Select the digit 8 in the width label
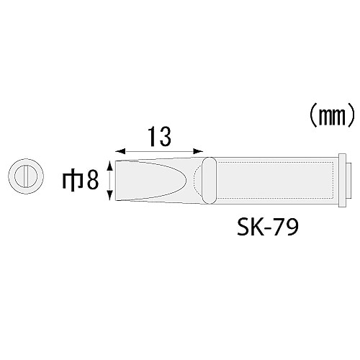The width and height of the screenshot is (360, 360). pyautogui.click(x=91, y=180)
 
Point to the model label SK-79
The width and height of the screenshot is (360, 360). pyautogui.click(x=267, y=229)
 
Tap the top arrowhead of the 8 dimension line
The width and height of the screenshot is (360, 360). pyautogui.click(x=109, y=165)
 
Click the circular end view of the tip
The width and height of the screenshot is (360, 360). pyautogui.click(x=24, y=177)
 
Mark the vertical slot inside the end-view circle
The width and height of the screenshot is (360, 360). pyautogui.click(x=24, y=177)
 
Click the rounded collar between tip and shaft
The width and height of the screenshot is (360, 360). pyautogui.click(x=208, y=180)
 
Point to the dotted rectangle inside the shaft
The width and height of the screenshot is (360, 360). pyautogui.click(x=274, y=180)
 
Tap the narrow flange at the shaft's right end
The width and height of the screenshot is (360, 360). pyautogui.click(x=342, y=180)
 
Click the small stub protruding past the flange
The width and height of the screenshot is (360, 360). pyautogui.click(x=349, y=180)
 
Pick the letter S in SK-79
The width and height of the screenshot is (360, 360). pyautogui.click(x=243, y=229)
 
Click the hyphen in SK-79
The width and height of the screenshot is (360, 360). pyautogui.click(x=266, y=230)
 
